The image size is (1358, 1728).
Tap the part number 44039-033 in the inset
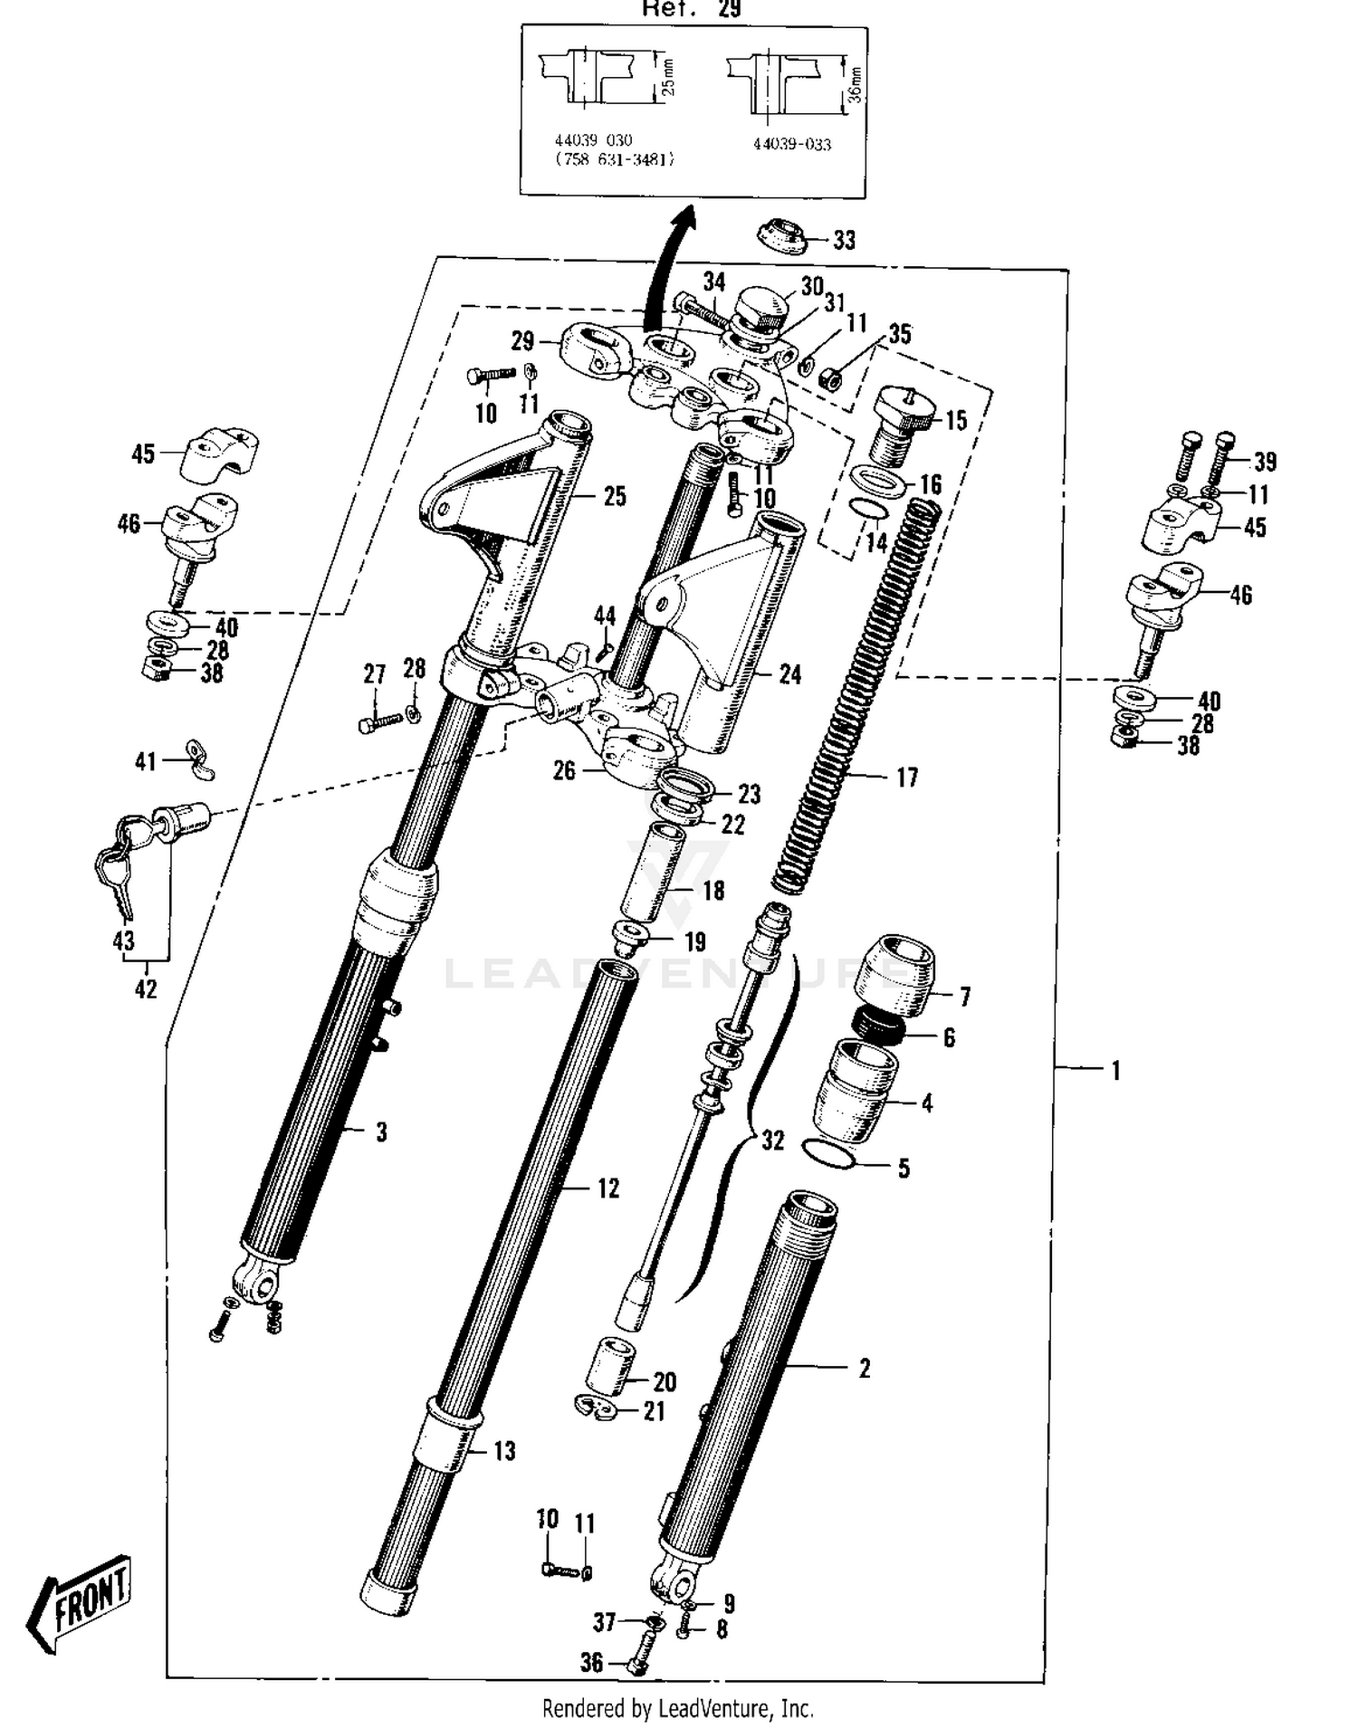coord(791,144)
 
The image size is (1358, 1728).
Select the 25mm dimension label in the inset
coord(668,78)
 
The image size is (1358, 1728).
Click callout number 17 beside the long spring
coord(906,778)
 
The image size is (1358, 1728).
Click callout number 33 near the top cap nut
coord(844,240)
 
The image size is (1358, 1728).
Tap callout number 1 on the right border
coord(1116,1070)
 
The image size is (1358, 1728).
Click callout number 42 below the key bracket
coord(146,988)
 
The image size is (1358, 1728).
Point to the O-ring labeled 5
coord(828,1154)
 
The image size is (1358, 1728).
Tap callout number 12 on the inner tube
coord(608,1188)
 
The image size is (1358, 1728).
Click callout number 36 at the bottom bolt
coord(592,1662)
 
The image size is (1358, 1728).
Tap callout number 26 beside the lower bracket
coord(564,770)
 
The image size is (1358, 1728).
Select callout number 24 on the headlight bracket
coord(789,674)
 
